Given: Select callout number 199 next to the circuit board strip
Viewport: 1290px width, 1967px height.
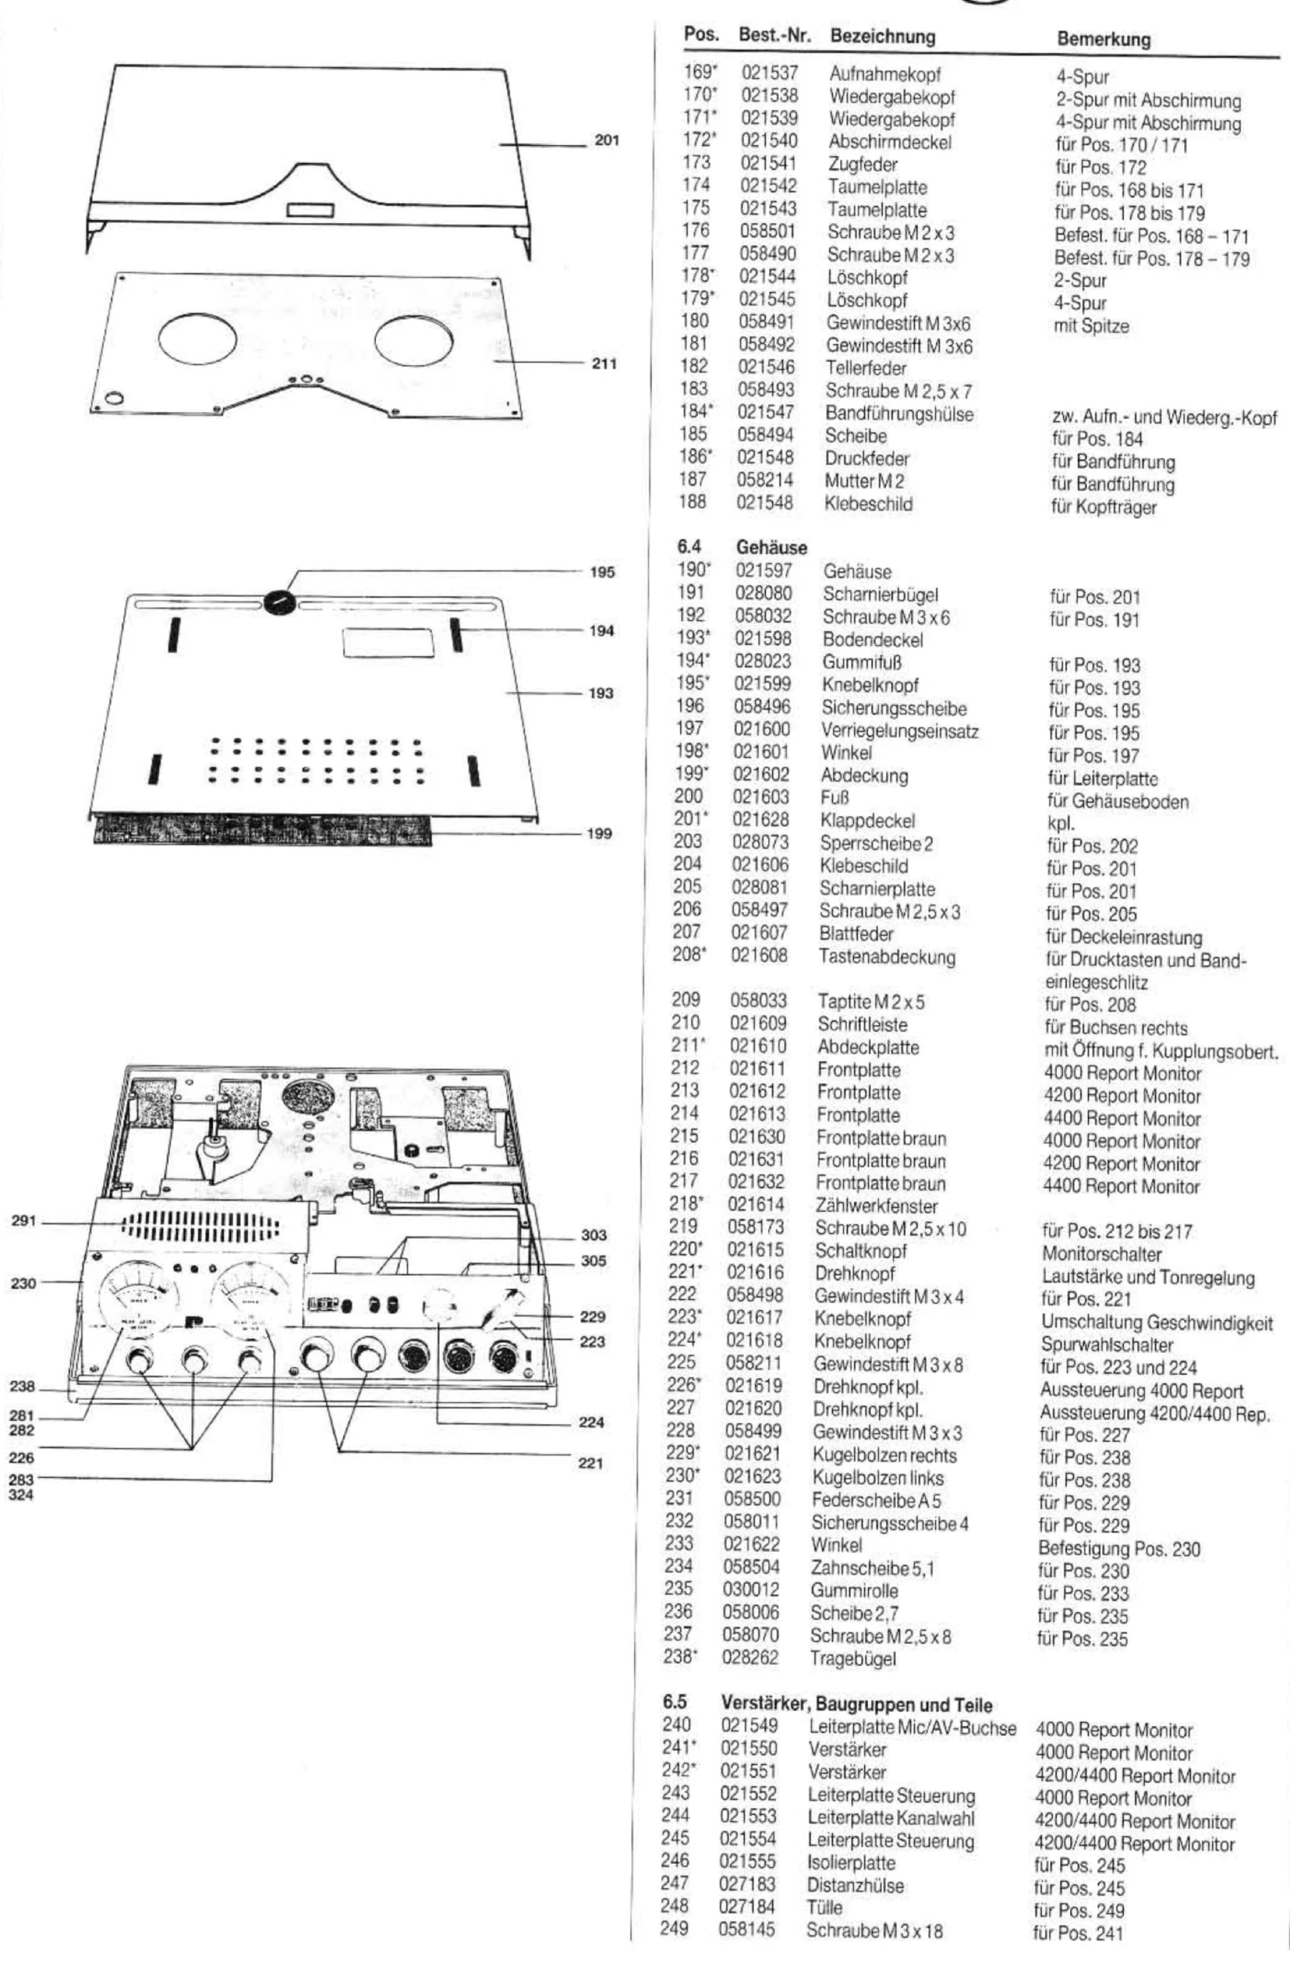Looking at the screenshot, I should pyautogui.click(x=601, y=833).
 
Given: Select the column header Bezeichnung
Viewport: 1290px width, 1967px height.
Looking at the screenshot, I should pyautogui.click(x=882, y=37).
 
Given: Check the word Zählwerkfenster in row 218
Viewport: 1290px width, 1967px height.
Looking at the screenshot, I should pyautogui.click(x=877, y=1206).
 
